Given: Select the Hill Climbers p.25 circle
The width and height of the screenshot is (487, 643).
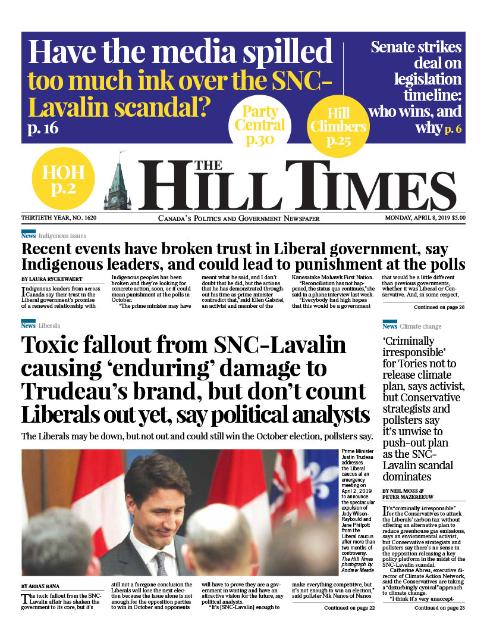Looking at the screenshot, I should coord(338,127).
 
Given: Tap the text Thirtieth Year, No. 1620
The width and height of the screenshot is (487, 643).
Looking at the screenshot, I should coord(59,218).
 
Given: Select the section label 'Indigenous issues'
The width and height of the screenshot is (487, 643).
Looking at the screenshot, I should coord(62,236).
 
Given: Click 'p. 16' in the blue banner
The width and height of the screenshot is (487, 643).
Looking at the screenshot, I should coord(43,128).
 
